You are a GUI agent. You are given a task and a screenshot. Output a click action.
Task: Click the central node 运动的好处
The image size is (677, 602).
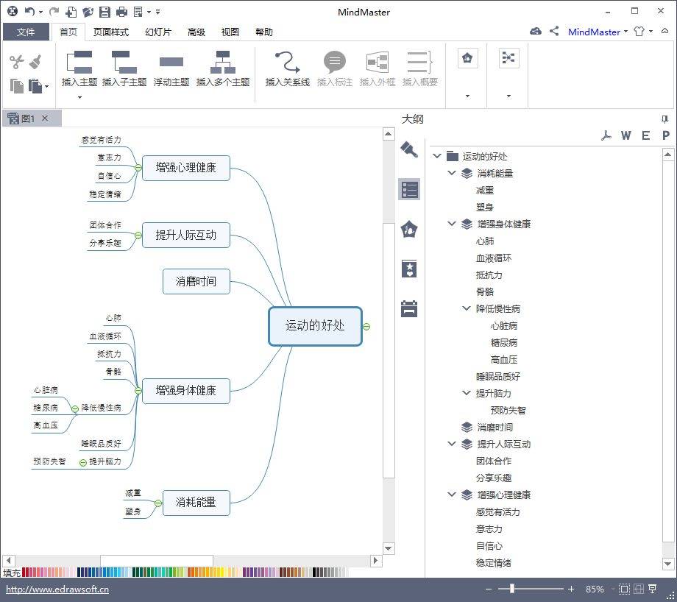[315, 326]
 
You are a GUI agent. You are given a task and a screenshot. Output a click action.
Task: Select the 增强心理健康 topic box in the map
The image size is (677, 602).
[185, 168]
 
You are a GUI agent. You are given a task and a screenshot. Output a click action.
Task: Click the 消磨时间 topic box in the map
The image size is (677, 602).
[196, 282]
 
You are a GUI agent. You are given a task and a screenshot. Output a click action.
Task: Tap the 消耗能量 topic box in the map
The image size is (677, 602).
[196, 503]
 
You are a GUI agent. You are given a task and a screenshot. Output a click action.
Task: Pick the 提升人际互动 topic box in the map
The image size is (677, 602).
[185, 235]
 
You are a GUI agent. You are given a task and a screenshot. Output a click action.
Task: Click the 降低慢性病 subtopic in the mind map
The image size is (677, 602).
[101, 408]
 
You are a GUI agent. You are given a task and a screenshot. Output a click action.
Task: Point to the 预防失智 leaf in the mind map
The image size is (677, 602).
[49, 461]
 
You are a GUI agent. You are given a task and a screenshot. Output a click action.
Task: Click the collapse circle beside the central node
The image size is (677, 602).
[366, 327]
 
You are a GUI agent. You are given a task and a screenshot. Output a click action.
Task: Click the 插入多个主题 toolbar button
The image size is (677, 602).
[223, 69]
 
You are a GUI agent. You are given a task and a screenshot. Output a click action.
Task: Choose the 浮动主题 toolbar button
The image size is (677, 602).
[171, 69]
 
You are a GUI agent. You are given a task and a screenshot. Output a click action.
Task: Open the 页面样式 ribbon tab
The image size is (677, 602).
[111, 32]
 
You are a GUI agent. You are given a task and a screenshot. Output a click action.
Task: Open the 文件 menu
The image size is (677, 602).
[26, 32]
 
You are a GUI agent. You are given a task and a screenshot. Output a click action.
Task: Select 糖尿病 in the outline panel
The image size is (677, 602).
[504, 342]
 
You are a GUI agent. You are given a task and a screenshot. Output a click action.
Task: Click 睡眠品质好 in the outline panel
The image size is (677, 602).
[498, 377]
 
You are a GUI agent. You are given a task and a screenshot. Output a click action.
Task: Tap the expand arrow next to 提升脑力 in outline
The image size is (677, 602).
[467, 393]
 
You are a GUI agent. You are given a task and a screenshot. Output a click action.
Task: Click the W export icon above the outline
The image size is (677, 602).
[625, 135]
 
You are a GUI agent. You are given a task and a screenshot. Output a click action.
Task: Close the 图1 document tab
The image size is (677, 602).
[46, 118]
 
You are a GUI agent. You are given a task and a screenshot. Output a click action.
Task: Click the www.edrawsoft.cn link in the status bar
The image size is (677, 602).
[57, 589]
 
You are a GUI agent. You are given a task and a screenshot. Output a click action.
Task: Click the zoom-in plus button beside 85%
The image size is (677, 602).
[571, 589]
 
